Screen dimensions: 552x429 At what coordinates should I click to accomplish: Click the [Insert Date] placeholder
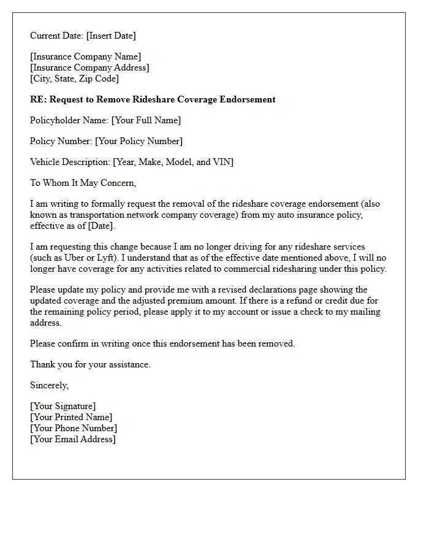coord(111,36)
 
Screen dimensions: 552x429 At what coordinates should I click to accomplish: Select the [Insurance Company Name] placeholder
coord(85,57)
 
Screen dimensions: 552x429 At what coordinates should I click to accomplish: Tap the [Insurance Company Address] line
coord(89,68)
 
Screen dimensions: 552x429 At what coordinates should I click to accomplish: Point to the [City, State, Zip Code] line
coord(74,79)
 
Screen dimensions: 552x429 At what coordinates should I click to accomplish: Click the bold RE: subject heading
coord(153,99)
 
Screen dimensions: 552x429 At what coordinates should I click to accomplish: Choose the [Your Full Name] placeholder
coord(146,120)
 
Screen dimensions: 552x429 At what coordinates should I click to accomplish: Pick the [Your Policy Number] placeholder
coord(139,141)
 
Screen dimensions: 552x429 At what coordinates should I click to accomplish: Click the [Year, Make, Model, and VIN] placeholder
coord(173,162)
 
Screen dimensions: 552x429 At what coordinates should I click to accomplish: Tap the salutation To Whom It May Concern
coord(83,183)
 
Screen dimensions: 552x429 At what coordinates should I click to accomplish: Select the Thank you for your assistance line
coord(90,364)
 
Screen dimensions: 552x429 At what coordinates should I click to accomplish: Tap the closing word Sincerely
coord(49,385)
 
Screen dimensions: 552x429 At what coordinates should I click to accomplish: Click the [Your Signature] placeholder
coord(63,406)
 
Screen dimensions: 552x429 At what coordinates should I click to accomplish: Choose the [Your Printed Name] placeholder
coord(71,417)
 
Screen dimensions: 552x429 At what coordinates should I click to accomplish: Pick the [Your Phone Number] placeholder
coord(74,428)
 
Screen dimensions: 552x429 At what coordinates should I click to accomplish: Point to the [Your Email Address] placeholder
coord(73,439)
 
